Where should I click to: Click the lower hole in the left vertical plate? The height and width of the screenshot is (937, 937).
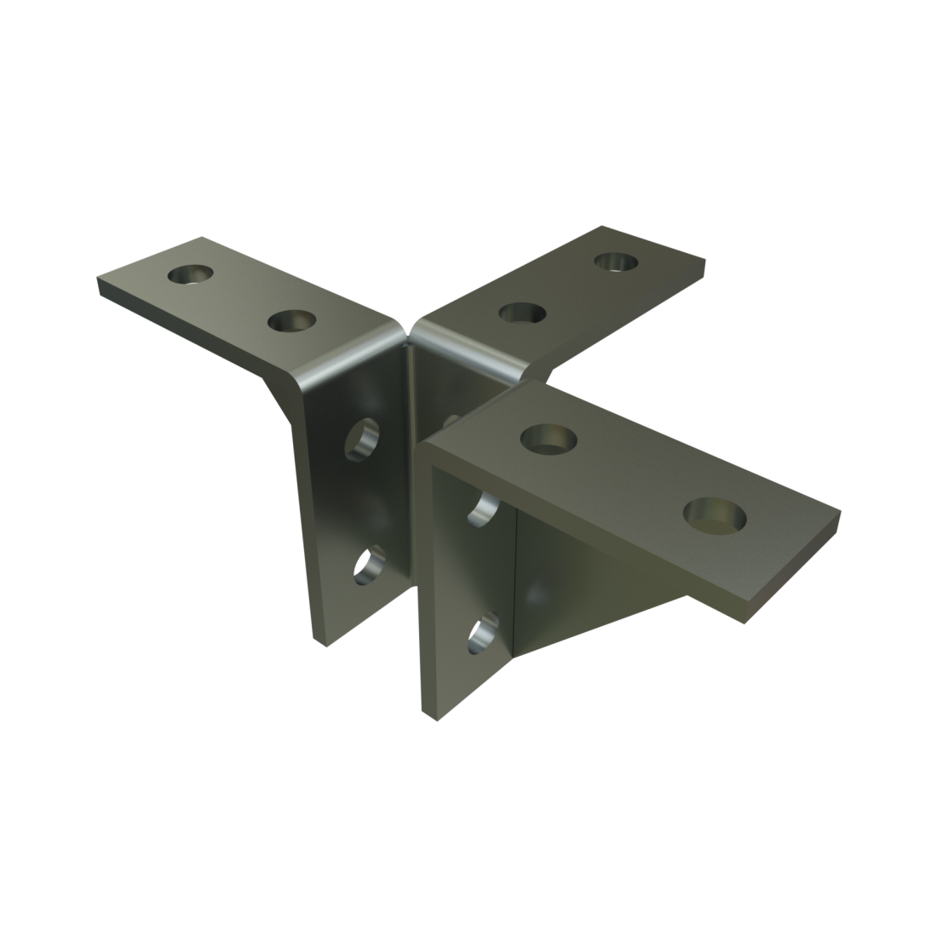(x=369, y=565)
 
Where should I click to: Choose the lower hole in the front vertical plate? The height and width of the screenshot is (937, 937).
(x=484, y=633)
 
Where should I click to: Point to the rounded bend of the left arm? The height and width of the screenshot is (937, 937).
(x=341, y=362)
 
